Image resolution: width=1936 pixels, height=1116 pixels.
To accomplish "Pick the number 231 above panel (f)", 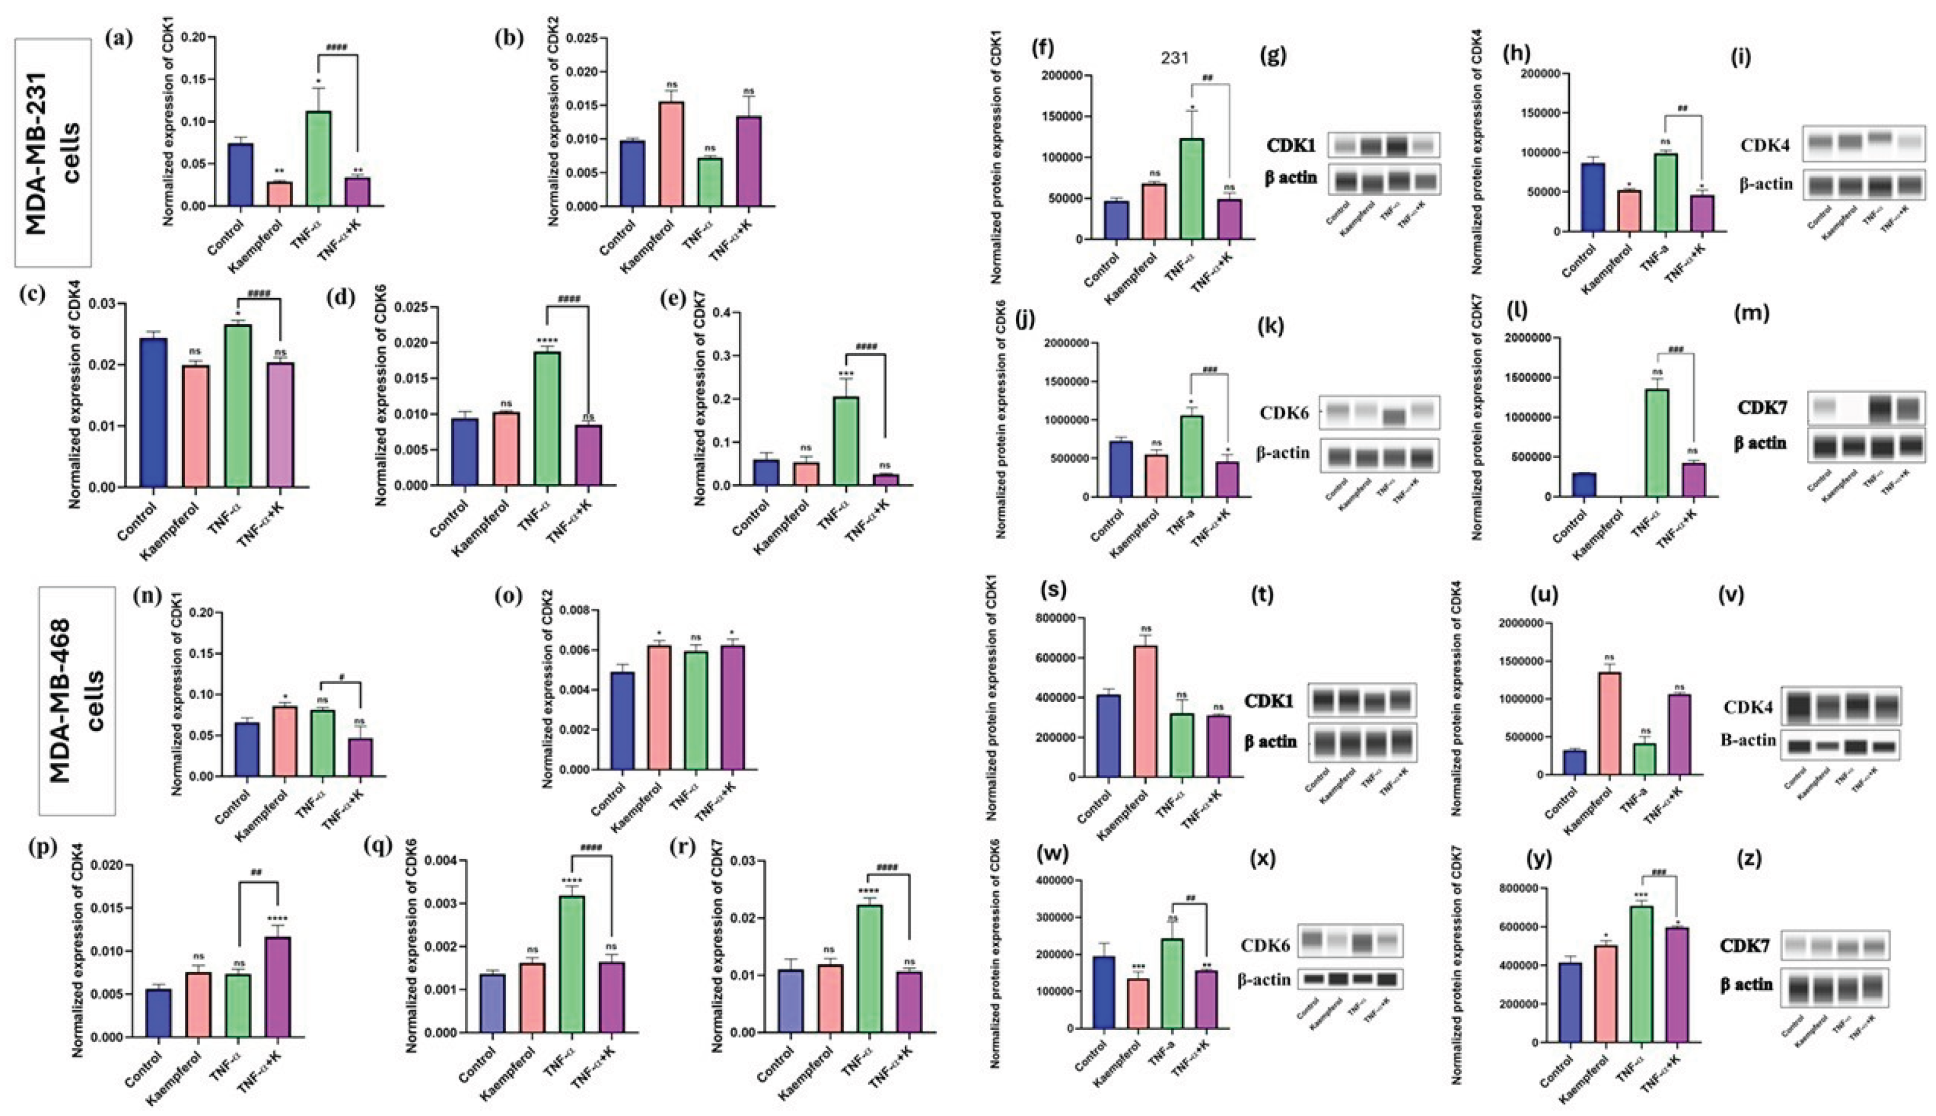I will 1174,58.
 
